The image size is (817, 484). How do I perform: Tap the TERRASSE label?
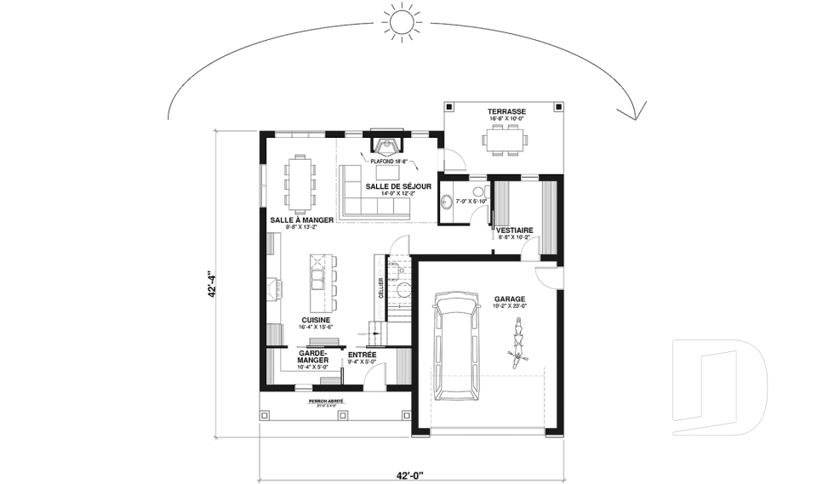[x=506, y=111]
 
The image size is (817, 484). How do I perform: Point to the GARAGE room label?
[x=509, y=299]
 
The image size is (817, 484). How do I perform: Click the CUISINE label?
[x=315, y=321]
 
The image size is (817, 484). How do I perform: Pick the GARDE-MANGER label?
[x=315, y=357]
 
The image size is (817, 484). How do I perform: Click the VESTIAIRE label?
[x=515, y=230]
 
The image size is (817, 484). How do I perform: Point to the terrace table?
[x=506, y=139]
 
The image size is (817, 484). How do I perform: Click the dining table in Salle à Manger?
[x=300, y=183]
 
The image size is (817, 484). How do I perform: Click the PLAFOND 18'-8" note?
[x=388, y=160]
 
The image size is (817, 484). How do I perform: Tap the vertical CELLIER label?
[x=380, y=288]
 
